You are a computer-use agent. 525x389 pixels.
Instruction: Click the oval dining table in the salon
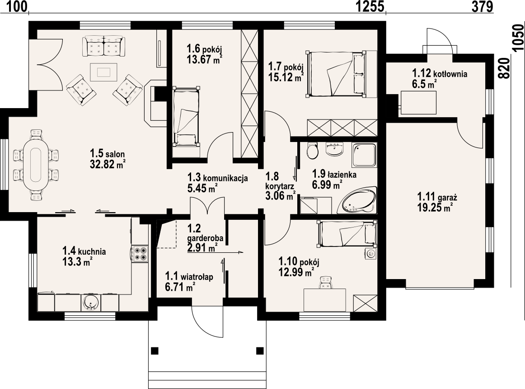[x=36, y=165]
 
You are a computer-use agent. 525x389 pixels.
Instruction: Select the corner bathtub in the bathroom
[x=357, y=200]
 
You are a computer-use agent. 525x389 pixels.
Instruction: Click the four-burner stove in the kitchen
[x=140, y=253]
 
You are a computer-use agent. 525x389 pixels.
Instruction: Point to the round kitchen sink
[x=90, y=303]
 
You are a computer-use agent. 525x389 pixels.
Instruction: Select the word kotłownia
[x=450, y=74]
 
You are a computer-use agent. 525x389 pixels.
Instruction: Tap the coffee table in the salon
[x=103, y=72]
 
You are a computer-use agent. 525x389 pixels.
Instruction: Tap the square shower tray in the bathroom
[x=364, y=155]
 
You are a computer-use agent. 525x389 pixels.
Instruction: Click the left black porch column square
[x=155, y=351]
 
